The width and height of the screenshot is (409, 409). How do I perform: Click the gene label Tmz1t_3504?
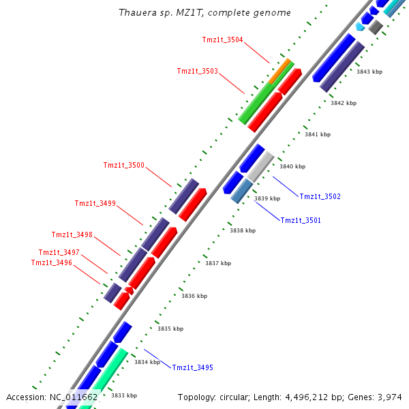click(222, 40)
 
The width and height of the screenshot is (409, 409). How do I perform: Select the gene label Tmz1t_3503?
click(197, 71)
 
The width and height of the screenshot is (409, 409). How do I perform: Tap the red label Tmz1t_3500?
click(123, 165)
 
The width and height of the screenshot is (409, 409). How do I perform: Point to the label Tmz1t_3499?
click(95, 203)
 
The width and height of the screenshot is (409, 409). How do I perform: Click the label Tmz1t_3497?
click(59, 252)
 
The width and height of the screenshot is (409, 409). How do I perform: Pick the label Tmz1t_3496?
click(51, 262)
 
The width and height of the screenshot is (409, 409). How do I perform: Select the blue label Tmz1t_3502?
click(320, 196)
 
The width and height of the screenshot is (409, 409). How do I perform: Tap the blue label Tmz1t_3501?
click(301, 220)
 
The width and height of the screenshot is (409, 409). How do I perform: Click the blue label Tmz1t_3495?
click(192, 367)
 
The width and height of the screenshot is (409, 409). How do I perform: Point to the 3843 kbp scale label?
click(369, 72)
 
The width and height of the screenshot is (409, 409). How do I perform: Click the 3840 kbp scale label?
click(292, 166)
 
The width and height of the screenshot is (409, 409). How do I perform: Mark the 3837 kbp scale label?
click(218, 263)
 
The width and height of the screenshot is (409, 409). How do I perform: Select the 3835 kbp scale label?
click(170, 329)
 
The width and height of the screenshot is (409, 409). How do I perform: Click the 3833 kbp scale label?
click(123, 395)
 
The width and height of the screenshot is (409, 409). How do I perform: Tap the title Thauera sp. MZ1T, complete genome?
click(204, 13)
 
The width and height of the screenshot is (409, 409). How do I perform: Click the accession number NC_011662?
click(73, 397)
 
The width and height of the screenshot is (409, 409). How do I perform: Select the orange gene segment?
click(280, 72)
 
